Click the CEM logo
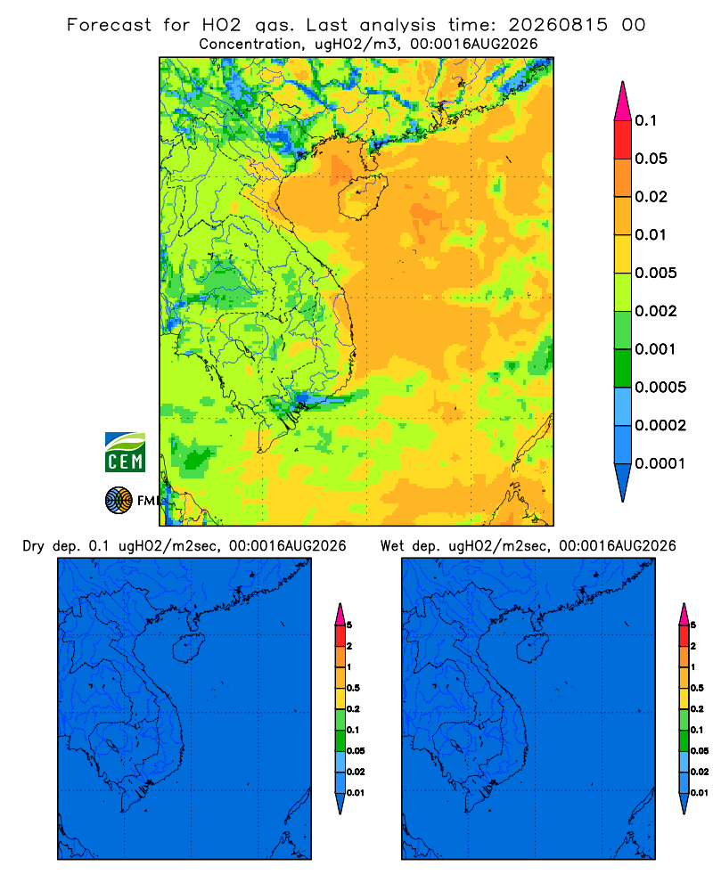click(125, 453)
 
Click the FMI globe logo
click(119, 501)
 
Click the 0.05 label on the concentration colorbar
click(651, 159)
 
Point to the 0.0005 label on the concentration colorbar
click(660, 388)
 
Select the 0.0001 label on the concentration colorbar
click(660, 463)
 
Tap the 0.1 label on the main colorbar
click(646, 120)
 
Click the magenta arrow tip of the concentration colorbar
click(623, 102)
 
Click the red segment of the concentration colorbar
click(623, 140)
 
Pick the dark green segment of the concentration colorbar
click(623, 368)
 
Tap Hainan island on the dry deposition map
click(187, 649)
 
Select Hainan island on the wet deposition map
click(532, 649)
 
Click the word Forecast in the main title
click(109, 25)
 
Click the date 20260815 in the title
click(558, 25)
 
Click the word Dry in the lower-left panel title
click(33, 547)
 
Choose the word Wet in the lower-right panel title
click(392, 546)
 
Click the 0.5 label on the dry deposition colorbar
click(353, 688)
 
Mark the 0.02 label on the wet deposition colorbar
click(700, 772)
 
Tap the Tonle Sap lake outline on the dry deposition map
click(113, 746)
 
